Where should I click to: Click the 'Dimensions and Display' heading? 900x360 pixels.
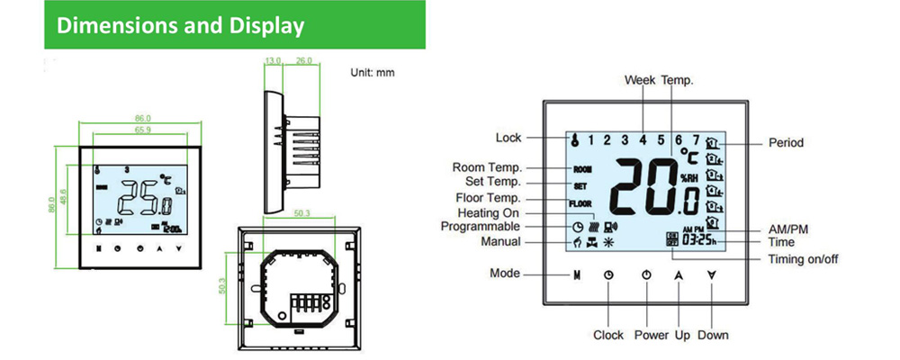pos(180,25)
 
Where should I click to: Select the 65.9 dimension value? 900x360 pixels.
pos(143,130)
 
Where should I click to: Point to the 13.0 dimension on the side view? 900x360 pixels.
pos(274,61)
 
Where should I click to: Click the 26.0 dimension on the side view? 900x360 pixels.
pos(303,61)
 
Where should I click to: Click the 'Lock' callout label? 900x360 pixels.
pos(508,138)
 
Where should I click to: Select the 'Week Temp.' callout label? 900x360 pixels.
pos(659,81)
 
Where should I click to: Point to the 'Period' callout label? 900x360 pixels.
pos(786,142)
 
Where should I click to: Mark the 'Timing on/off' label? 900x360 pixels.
pos(804,259)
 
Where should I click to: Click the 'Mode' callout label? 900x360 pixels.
pos(505,273)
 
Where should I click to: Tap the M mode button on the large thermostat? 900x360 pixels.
pos(575,274)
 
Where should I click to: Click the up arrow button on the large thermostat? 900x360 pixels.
pos(679,274)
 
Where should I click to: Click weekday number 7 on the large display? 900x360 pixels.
pos(696,139)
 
